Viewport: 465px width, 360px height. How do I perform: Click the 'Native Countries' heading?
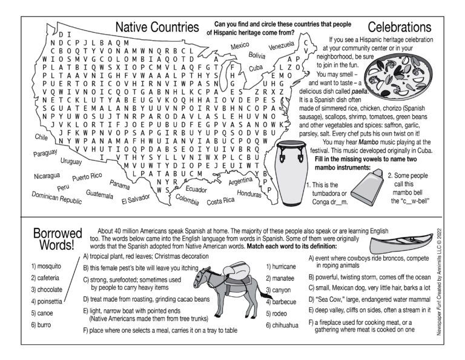click(x=157, y=27)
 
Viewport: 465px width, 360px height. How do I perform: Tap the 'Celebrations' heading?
click(x=399, y=27)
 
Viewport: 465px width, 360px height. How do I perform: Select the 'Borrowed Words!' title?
click(x=53, y=239)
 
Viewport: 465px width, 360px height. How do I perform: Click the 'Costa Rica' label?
click(x=220, y=201)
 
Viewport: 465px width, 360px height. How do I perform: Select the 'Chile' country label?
click(x=41, y=138)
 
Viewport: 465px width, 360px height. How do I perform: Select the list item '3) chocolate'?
click(x=47, y=289)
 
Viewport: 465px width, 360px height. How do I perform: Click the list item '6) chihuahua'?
click(x=282, y=325)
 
